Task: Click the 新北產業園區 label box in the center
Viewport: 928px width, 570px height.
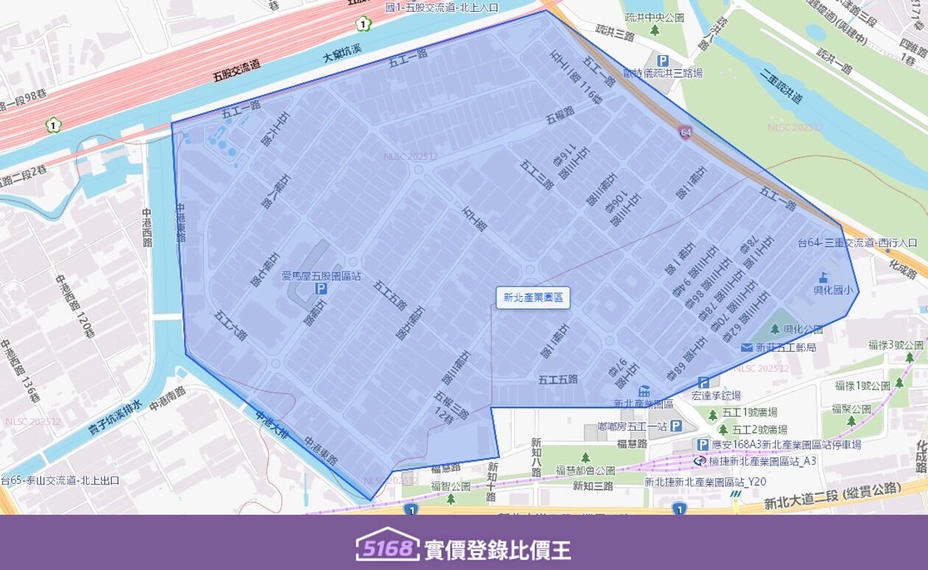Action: (532, 298)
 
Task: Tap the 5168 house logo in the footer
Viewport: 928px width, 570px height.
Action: (387, 546)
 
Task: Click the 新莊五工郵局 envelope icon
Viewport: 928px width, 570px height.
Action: (748, 347)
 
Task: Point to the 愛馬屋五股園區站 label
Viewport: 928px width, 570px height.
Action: (321, 276)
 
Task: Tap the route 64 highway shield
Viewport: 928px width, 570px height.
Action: (686, 132)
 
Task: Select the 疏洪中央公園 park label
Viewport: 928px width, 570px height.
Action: (655, 17)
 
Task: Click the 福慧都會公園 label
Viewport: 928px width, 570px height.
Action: (586, 470)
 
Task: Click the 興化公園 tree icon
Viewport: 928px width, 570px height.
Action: (775, 329)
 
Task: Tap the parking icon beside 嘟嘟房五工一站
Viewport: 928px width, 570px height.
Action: (675, 426)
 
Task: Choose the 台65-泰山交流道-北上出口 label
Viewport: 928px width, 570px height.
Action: (60, 480)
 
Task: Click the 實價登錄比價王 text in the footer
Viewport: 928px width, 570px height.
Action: (497, 549)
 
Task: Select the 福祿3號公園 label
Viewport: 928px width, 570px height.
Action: (895, 344)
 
